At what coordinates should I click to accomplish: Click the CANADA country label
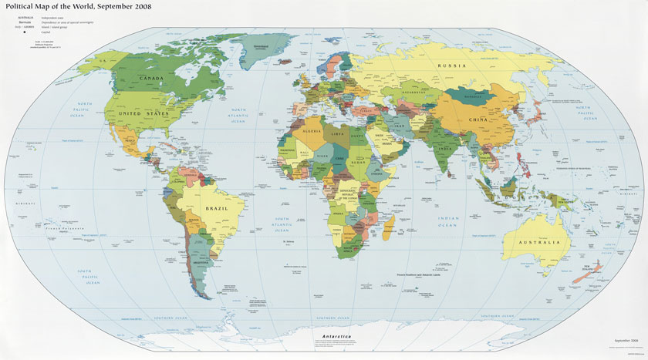click(x=154, y=79)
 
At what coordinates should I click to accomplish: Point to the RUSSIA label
click(x=453, y=66)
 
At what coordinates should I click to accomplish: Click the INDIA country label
click(x=445, y=148)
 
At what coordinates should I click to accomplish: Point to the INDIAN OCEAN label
click(x=447, y=220)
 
